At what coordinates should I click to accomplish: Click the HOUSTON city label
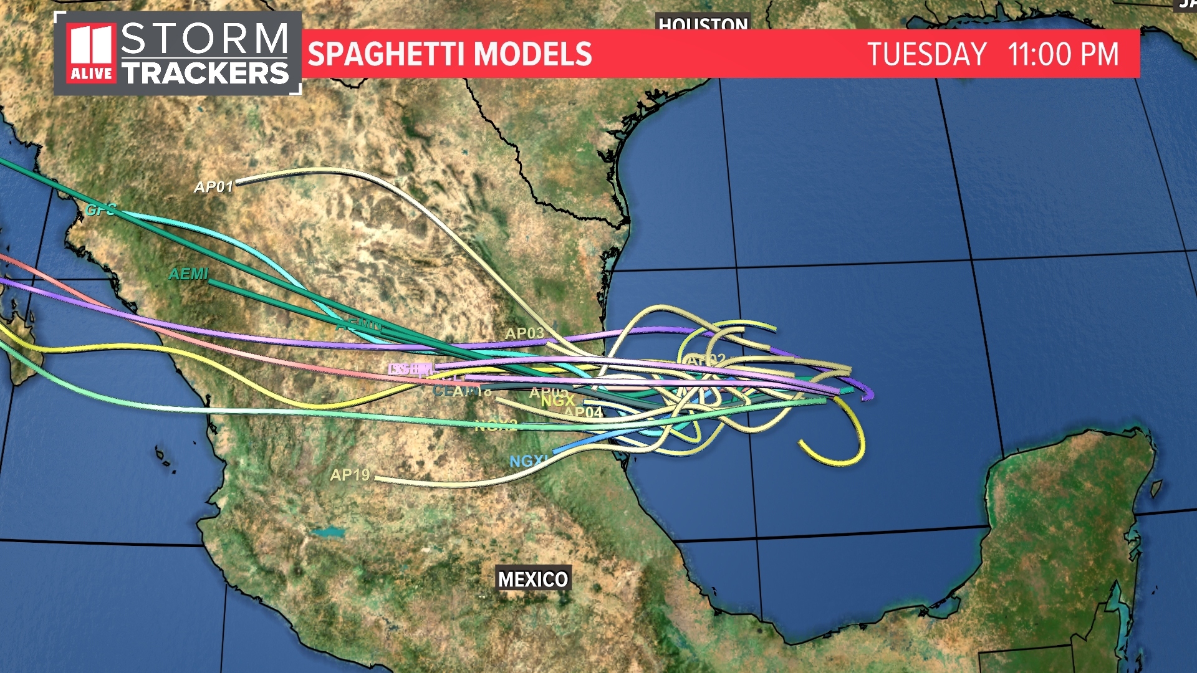(x=703, y=24)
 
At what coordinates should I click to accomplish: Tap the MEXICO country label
(x=533, y=580)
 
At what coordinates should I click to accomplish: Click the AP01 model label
(x=213, y=187)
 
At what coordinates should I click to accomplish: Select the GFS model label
(x=100, y=210)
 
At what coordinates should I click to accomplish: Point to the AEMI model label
(x=188, y=274)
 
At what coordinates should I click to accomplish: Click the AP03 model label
(x=524, y=333)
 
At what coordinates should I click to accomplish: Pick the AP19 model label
(x=350, y=475)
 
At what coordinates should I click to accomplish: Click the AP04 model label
(x=584, y=413)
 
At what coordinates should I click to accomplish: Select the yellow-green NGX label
(x=557, y=401)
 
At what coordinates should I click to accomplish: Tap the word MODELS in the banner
(x=536, y=54)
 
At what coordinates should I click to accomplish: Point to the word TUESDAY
(x=926, y=54)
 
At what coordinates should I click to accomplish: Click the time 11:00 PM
(x=1063, y=54)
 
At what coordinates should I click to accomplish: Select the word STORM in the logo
(x=204, y=39)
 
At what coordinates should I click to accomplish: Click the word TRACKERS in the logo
(x=205, y=74)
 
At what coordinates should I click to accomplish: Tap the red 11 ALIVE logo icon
(x=92, y=54)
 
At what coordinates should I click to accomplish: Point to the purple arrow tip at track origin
(x=868, y=394)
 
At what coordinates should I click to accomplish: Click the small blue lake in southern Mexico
(x=328, y=533)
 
